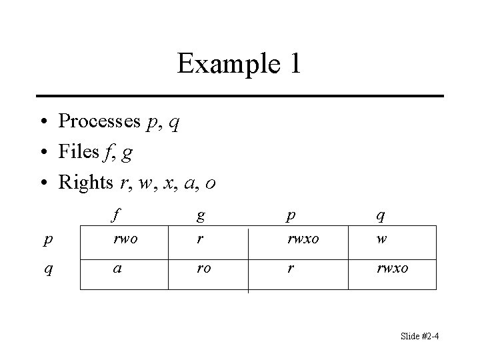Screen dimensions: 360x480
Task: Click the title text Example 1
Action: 239,64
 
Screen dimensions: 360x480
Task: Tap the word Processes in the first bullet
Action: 99,121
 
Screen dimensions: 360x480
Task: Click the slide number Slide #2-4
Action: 419,337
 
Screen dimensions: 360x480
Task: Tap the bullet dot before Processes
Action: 43,122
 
